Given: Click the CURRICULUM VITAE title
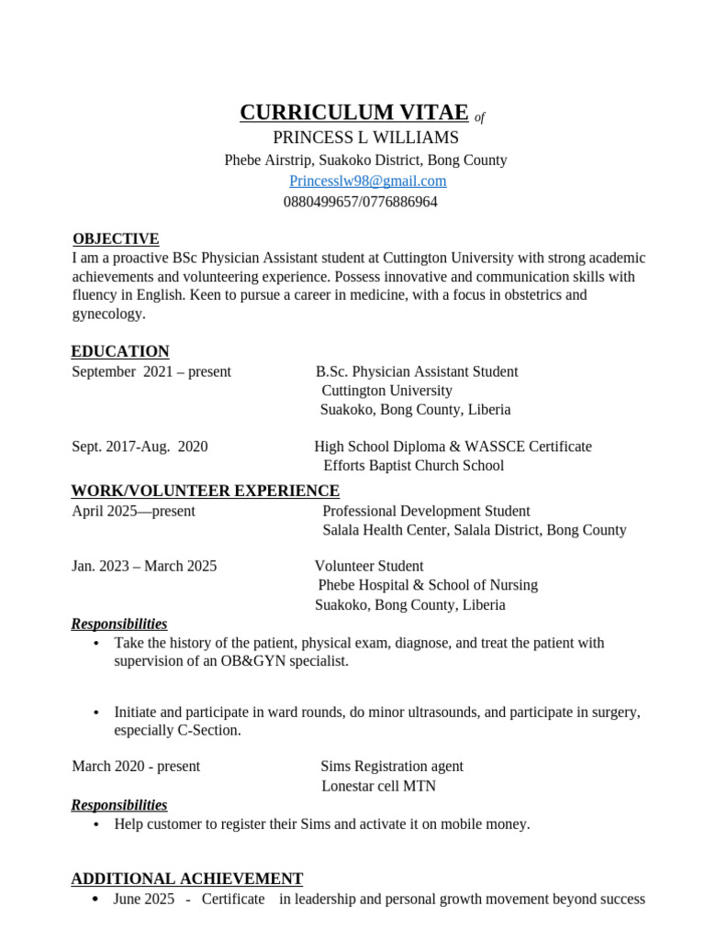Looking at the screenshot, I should point(353,113).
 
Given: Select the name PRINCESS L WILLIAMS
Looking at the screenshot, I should point(365,138).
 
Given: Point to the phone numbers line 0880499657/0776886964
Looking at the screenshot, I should point(360,202).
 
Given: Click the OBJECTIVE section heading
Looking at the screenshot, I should point(116,238).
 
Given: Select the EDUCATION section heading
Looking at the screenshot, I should point(120,351).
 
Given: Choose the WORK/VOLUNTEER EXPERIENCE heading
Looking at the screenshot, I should point(206,491).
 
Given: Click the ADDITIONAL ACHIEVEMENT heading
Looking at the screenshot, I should point(187,878).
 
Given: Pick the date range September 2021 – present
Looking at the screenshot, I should point(151,371).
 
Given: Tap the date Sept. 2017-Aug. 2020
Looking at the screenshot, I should point(140,447).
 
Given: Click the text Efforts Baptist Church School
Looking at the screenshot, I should point(413,466).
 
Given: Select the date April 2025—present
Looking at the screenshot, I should point(133,511).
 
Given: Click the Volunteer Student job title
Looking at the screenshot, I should point(369,566).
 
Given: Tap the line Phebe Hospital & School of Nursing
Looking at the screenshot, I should point(428,585).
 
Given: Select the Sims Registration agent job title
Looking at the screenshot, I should point(392,766).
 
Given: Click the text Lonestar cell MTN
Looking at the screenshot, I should point(378,786).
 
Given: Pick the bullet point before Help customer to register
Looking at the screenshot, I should point(96,825).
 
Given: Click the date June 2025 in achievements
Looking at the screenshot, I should point(143,899).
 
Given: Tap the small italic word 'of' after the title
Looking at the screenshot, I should point(479,117).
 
